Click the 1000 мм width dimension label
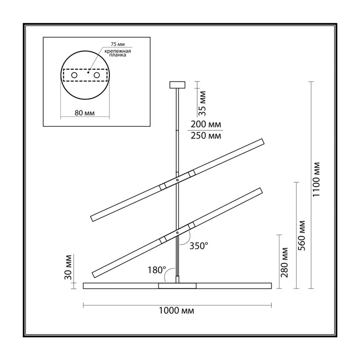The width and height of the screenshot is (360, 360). pyautogui.click(x=176, y=310)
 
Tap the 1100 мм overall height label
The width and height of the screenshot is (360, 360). pyautogui.click(x=316, y=179)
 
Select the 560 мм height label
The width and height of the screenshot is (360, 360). pyautogui.click(x=301, y=235)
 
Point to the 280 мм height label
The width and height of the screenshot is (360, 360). pyautogui.click(x=284, y=263)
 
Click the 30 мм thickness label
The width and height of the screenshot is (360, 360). pyautogui.click(x=68, y=267)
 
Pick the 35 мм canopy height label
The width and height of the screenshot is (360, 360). pyautogui.click(x=202, y=103)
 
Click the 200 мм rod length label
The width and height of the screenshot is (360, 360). pyautogui.click(x=206, y=124)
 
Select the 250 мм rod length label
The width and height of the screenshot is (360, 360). pyautogui.click(x=206, y=135)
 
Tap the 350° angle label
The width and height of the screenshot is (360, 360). pyautogui.click(x=199, y=246)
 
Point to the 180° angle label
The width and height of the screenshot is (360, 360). pyautogui.click(x=157, y=270)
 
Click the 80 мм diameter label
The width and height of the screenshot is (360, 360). pyautogui.click(x=85, y=113)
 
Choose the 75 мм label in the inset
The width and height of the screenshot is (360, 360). pyautogui.click(x=118, y=44)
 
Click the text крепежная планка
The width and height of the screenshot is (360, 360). pyautogui.click(x=117, y=53)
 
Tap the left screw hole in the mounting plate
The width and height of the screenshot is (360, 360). pyautogui.click(x=74, y=75)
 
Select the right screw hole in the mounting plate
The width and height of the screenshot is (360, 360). pyautogui.click(x=97, y=75)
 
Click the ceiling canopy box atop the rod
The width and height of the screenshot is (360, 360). pyautogui.click(x=177, y=85)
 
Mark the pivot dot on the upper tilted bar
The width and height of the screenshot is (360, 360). pyautogui.click(x=177, y=180)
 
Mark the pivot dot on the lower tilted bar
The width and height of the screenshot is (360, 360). pyautogui.click(x=177, y=233)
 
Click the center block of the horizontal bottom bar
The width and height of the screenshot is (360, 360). pyautogui.click(x=177, y=286)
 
